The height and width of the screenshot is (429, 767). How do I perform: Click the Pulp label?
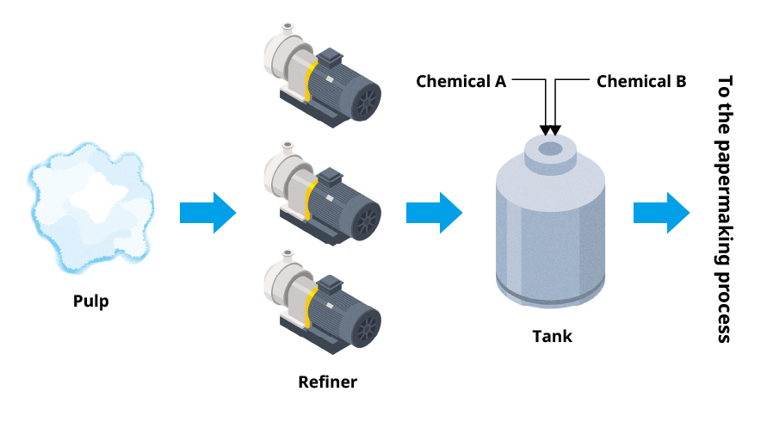pyautogui.click(x=91, y=302)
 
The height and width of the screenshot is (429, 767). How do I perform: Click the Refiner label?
pyautogui.click(x=327, y=382)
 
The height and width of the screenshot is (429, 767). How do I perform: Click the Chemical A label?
pyautogui.click(x=461, y=82)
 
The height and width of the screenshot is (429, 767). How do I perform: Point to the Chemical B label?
pyautogui.click(x=641, y=82)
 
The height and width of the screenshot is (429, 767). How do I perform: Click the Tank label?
pyautogui.click(x=551, y=336)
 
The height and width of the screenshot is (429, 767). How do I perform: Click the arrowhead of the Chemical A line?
pyautogui.click(x=545, y=130)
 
